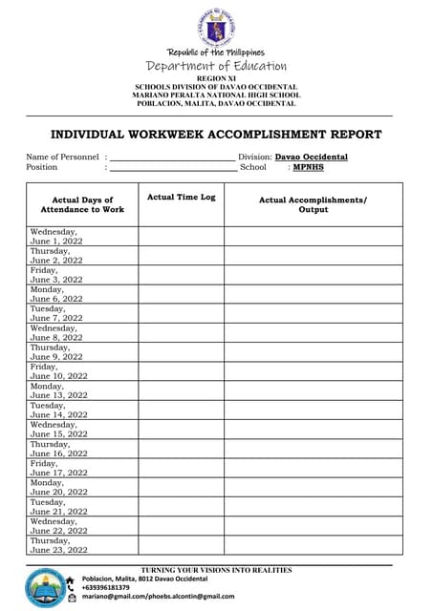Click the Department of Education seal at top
click(216, 26)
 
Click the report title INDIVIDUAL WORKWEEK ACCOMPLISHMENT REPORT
click(216, 135)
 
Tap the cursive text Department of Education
click(216, 66)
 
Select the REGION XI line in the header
click(216, 78)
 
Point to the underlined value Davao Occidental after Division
click(312, 157)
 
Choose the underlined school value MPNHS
click(308, 167)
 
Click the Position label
click(42, 167)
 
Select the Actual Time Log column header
click(182, 197)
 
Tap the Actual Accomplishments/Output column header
click(314, 204)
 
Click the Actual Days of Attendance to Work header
click(82, 204)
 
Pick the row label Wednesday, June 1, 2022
click(56, 236)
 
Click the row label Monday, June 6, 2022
click(56, 294)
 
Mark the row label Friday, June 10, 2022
click(58, 371)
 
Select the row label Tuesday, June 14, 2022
click(58, 411)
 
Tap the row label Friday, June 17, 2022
click(58, 468)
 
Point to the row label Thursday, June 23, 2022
click(58, 545)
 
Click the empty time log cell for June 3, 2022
click(182, 275)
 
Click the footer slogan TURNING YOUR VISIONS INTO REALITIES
click(216, 571)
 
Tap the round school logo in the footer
click(44, 587)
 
